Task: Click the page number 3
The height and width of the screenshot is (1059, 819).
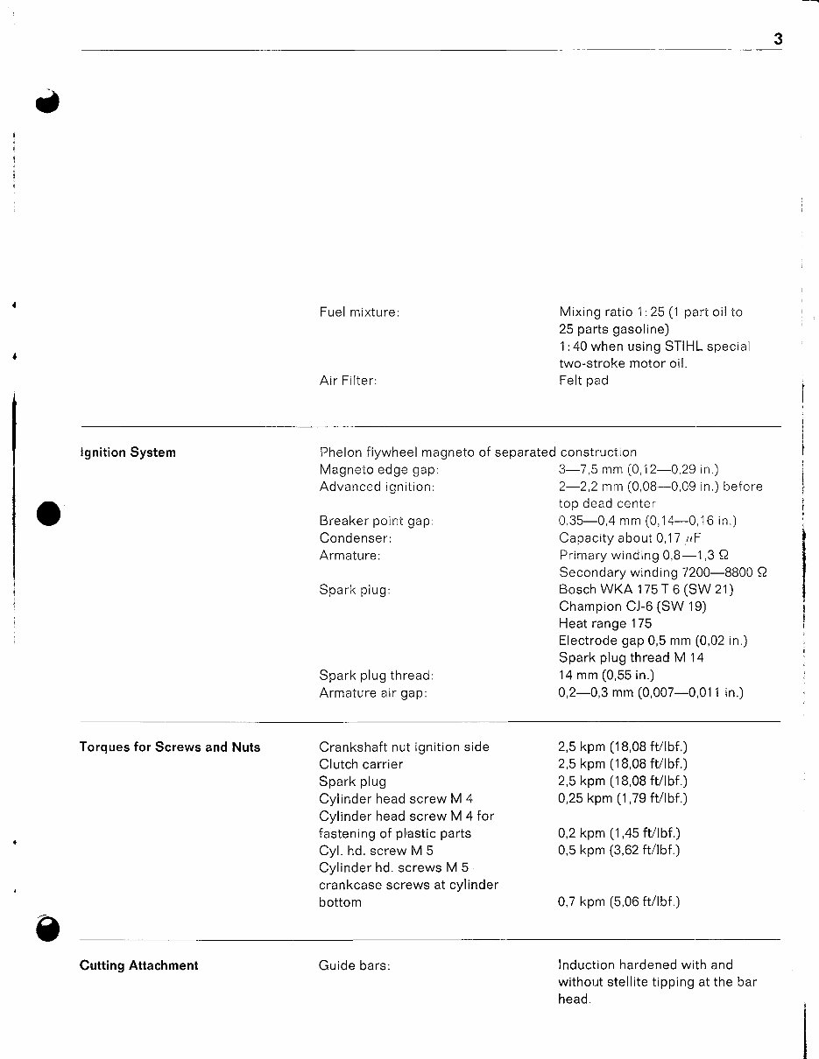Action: tap(778, 39)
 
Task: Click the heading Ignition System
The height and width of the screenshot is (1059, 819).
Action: tap(128, 452)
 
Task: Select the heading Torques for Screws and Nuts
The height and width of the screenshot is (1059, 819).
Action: tap(170, 747)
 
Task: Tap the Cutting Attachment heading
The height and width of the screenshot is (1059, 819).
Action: tap(138, 965)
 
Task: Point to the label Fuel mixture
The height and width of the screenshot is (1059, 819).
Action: tap(359, 312)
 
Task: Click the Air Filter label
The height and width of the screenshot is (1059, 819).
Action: tap(349, 381)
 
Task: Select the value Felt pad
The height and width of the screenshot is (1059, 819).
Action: tap(583, 381)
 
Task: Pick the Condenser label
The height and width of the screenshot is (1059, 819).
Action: tap(355, 538)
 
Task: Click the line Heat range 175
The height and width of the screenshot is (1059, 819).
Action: tap(605, 624)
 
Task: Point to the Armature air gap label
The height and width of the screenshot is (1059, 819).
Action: tap(373, 692)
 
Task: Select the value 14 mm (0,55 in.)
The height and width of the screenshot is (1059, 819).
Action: tap(606, 675)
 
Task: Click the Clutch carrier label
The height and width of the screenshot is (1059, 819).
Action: tap(361, 764)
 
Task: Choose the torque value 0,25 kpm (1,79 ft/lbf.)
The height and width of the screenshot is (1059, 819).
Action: tap(623, 798)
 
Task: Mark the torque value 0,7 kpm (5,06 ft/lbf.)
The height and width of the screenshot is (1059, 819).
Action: tap(619, 901)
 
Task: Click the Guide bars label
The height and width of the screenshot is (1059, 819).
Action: tap(354, 965)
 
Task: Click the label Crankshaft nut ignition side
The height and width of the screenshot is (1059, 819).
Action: tap(404, 747)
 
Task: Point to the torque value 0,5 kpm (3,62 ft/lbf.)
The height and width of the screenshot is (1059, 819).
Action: tap(619, 850)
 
